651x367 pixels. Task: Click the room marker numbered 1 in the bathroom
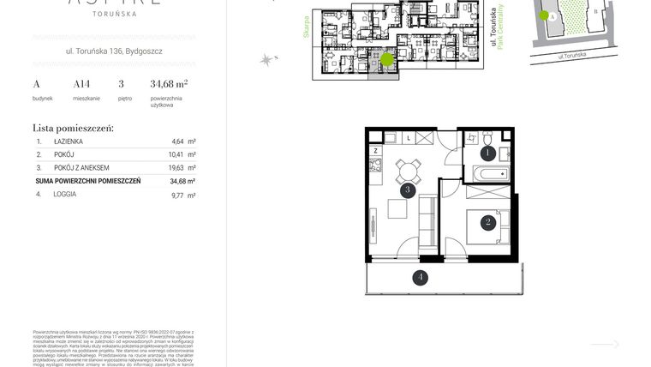pyautogui.click(x=487, y=153)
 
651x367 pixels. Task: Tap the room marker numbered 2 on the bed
pyautogui.click(x=487, y=223)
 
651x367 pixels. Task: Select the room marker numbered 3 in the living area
pyautogui.click(x=409, y=190)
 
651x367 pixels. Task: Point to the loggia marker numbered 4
pyautogui.click(x=420, y=277)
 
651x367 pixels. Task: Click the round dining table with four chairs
pyautogui.click(x=407, y=171)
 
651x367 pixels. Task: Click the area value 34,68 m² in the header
pyautogui.click(x=169, y=84)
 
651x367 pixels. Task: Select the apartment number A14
pyautogui.click(x=81, y=84)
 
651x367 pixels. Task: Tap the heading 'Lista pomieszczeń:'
pyautogui.click(x=73, y=127)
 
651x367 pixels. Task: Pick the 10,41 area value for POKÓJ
pyautogui.click(x=179, y=154)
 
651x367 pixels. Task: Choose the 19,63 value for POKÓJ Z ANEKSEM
pyautogui.click(x=179, y=168)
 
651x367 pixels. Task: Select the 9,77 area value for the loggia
pyautogui.click(x=179, y=195)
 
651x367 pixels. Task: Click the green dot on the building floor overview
pyautogui.click(x=387, y=60)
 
